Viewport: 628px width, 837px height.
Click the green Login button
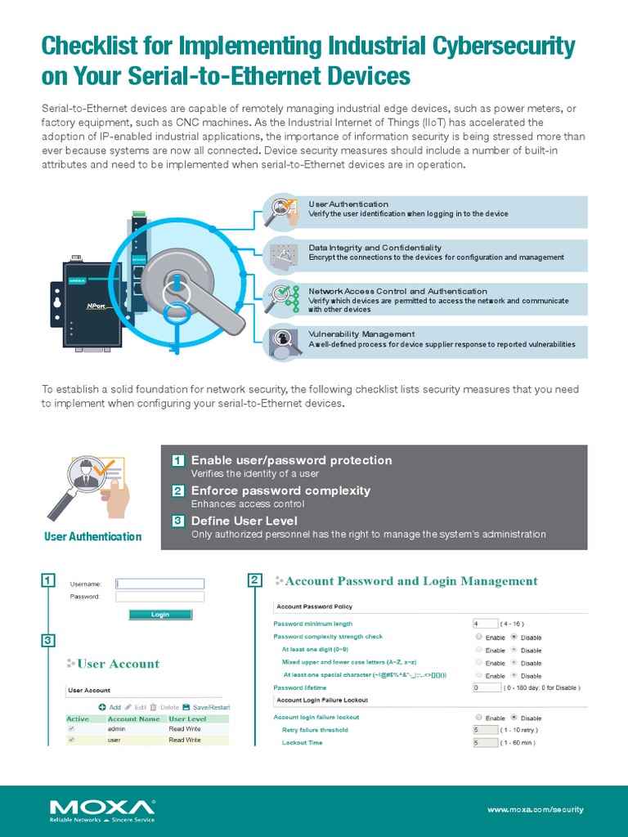160,615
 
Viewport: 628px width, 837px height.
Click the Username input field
160,584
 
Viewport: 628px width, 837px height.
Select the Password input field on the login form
160,597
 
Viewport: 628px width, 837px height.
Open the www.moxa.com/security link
535,809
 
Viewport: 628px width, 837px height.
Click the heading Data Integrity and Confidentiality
375,248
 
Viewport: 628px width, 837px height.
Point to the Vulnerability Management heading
361,334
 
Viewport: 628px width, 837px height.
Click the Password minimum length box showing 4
486,624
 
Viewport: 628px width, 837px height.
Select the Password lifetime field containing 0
486,688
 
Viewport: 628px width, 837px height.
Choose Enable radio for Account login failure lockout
478,717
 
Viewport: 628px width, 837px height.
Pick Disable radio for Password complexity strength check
514,637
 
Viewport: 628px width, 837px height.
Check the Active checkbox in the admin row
71,728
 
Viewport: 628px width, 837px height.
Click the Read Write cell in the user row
185,740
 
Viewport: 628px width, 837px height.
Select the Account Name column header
133,719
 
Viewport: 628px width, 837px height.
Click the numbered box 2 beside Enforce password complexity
177,491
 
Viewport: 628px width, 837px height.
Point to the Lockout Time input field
486,743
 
